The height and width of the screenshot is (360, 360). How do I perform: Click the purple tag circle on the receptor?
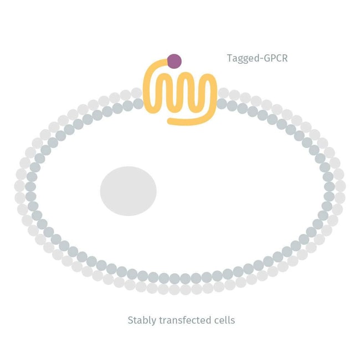tap(174, 61)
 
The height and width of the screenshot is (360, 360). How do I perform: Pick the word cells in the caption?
tap(223, 320)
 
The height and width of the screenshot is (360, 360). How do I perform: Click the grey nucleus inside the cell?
tap(128, 191)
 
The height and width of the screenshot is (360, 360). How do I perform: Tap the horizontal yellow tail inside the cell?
tap(188, 120)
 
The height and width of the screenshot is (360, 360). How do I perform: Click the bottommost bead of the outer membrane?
tap(180, 289)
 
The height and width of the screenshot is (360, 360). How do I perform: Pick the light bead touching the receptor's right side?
tap(224, 93)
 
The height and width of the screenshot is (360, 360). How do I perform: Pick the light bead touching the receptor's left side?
tap(136, 93)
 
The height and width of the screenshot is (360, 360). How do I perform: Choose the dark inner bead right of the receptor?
tap(222, 104)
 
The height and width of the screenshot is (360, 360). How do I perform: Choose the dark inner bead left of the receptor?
tap(138, 104)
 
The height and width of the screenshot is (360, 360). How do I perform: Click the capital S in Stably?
tap(131, 320)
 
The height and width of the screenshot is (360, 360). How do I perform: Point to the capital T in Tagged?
tap(230, 58)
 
